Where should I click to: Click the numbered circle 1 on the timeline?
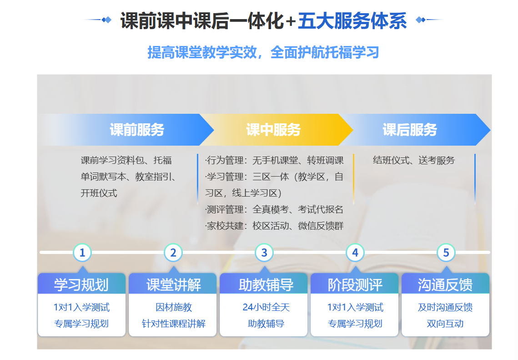coord(82,253)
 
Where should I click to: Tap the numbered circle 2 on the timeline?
coord(173,253)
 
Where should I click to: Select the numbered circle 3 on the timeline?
coord(264,253)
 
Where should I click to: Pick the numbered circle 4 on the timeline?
coord(355,253)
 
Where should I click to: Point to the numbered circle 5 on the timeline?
coord(446,253)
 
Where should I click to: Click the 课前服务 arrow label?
coord(137,130)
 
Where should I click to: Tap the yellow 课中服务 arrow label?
coord(273,130)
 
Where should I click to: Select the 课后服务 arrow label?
coord(410,130)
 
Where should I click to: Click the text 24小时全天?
coord(266,308)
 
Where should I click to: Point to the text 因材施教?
coord(174,308)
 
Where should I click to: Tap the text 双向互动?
coord(445,324)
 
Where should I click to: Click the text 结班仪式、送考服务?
coord(414,160)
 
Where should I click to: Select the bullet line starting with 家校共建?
coord(274,226)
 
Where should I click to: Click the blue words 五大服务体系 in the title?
coord(352,20)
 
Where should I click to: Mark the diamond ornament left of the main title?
coord(106,20)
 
